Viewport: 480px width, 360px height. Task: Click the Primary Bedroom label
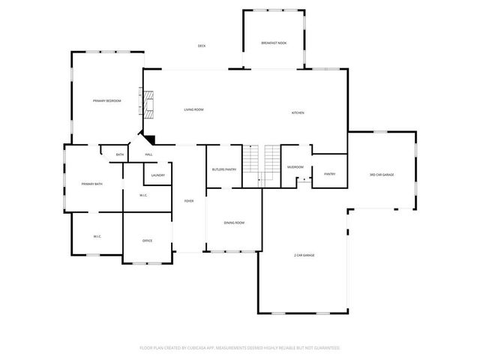coord(107,100)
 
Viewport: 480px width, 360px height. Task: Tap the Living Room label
coord(194,109)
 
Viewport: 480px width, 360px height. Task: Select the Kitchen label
coord(298,112)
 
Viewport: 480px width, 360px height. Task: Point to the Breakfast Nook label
coord(274,43)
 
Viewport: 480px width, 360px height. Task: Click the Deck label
coord(202,46)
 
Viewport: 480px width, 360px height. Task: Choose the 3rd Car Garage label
coord(382,175)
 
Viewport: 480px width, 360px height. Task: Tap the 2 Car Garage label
coord(304,256)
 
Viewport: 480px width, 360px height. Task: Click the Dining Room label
coord(235,223)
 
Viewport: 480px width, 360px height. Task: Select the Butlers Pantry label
coord(224,169)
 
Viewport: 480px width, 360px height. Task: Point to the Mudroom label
coord(295,167)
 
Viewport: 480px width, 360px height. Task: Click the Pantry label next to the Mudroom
coord(329,174)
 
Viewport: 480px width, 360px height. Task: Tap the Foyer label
coord(189,200)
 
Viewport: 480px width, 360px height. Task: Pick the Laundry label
coord(157,175)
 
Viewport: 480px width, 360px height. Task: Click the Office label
coord(148,241)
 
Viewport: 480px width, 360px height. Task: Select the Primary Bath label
coord(92,184)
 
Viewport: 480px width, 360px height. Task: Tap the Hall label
coord(149,154)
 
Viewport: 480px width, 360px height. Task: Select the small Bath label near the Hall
coord(120,155)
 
